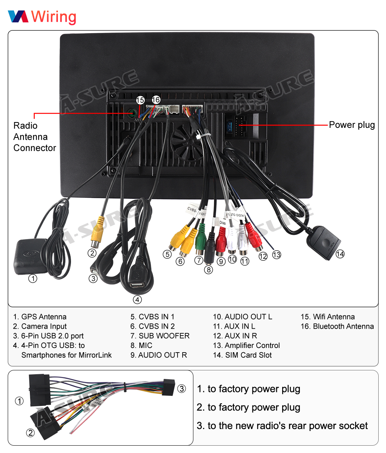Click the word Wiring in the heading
coord(54,17)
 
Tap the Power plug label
coord(352,125)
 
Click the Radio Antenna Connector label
coord(34,137)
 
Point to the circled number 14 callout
coord(340,254)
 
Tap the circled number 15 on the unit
coord(140,100)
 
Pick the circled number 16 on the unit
coord(156,100)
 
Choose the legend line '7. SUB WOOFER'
coord(160,336)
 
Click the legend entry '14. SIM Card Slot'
coord(242,355)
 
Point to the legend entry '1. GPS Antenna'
coord(40,317)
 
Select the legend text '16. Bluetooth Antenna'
coord(337,327)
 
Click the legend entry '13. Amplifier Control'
coord(246,346)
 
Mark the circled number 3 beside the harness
coord(182,389)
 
